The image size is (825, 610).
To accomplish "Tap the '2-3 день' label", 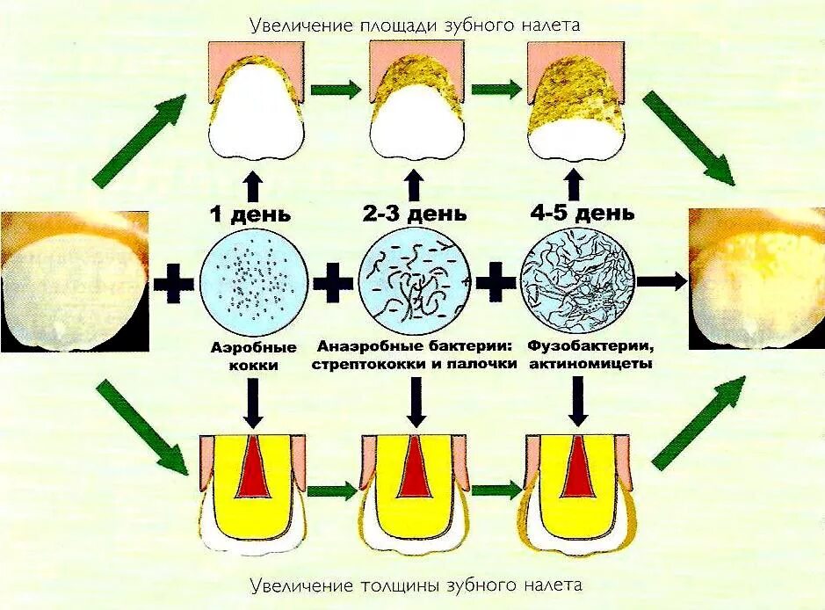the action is coord(416,214).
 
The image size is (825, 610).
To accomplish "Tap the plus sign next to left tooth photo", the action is coord(175,283).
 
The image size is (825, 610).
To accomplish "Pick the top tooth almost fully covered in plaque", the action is coord(576,101).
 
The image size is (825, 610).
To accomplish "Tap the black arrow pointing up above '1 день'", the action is coord(253,186).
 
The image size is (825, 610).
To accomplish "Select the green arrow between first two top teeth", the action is coord(337,89).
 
